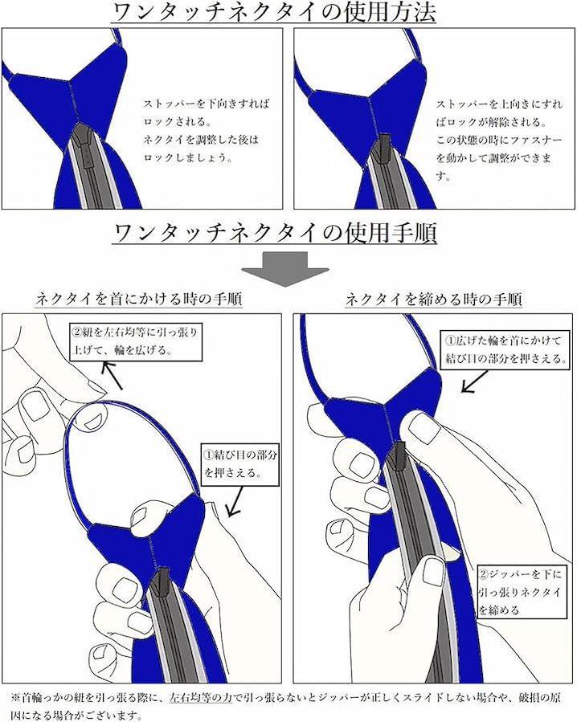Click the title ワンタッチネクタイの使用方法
click(x=273, y=12)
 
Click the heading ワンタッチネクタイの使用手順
click(x=274, y=233)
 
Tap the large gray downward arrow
click(x=285, y=269)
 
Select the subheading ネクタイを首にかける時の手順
click(x=138, y=300)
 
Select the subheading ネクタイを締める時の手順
click(x=434, y=300)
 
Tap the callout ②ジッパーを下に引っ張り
click(x=522, y=592)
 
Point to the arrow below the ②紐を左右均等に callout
click(x=113, y=375)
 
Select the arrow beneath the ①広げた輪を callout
click(x=475, y=381)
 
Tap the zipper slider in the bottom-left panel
click(x=162, y=582)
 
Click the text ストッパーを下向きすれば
click(x=206, y=104)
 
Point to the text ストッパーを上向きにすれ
click(x=499, y=104)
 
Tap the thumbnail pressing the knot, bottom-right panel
click(x=421, y=426)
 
